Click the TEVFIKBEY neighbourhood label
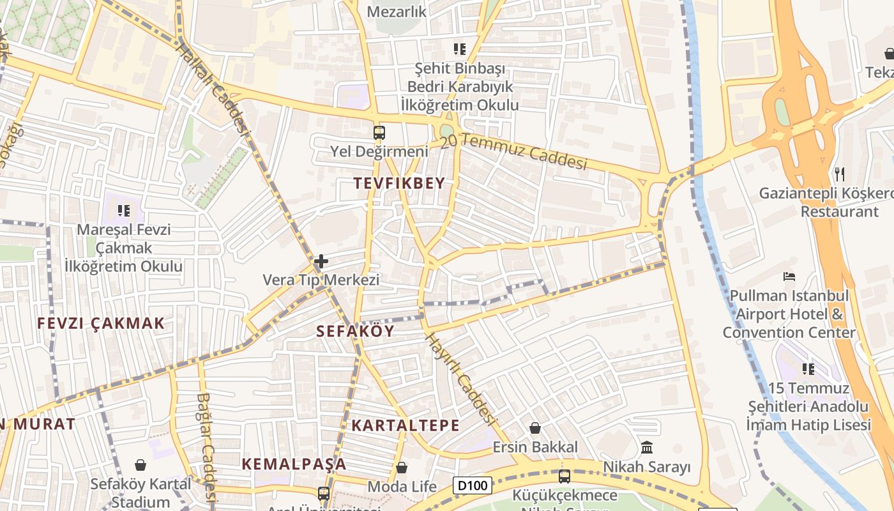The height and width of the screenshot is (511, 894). point(399,183)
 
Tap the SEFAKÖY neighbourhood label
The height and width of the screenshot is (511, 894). point(356,331)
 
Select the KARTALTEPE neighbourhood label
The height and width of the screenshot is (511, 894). point(405,425)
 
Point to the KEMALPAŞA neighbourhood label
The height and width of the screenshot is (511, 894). point(294,464)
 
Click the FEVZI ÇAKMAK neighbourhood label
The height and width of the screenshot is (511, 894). point(101,323)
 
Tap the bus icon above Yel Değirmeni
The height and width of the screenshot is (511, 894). point(379,133)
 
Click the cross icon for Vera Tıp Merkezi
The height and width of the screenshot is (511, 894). point(321,261)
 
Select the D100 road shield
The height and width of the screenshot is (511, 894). point(473,485)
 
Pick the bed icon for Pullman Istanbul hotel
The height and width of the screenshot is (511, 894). point(789,277)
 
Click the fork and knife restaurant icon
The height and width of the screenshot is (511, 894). point(840,173)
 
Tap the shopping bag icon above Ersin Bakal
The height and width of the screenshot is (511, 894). point(535,428)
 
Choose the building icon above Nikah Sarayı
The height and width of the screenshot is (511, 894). point(647,447)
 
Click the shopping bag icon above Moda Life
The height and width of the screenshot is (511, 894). point(402,468)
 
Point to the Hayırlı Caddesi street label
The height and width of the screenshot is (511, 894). point(460,378)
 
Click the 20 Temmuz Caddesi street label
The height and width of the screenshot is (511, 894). point(513,151)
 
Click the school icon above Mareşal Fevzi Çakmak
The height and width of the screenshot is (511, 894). point(124,210)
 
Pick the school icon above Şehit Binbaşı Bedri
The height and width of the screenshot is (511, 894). point(459,49)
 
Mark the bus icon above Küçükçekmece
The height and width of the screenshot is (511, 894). point(564,476)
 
